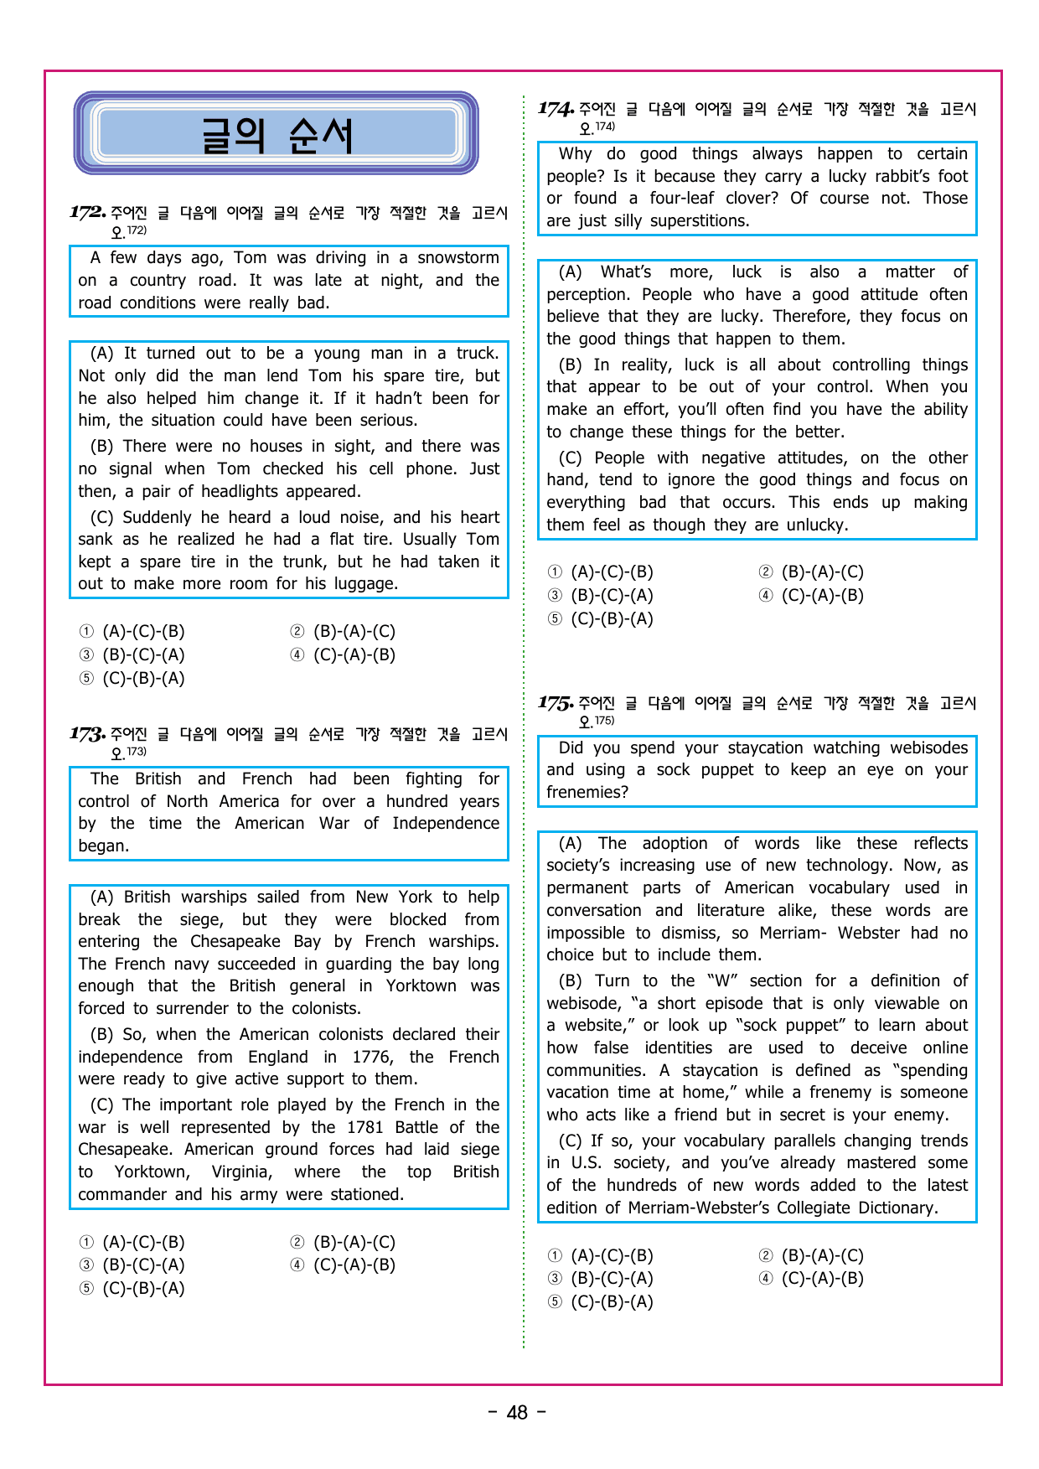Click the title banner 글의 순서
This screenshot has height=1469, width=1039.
coord(277,134)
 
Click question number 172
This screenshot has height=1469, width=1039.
coord(87,212)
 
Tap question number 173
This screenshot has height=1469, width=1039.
coord(87,734)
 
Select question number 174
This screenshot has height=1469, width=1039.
coord(556,108)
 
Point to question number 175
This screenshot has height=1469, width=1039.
coord(556,702)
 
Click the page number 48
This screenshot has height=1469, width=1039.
coord(518,1413)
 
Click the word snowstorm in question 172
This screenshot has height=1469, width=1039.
coord(457,258)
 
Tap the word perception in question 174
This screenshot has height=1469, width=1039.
coord(587,295)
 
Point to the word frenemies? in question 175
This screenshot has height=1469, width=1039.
coord(587,793)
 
